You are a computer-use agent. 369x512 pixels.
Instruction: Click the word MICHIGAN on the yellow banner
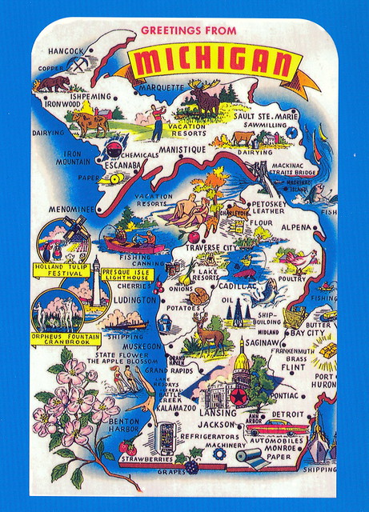pyautogui.click(x=211, y=62)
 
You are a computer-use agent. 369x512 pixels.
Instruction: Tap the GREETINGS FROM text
pyautogui.click(x=189, y=30)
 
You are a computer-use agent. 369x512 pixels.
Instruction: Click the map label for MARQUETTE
pyautogui.click(x=162, y=86)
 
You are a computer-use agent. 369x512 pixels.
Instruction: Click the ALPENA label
pyautogui.click(x=295, y=227)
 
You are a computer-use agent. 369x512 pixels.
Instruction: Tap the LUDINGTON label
pyautogui.click(x=135, y=300)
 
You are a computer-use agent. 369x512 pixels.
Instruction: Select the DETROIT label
pyautogui.click(x=288, y=414)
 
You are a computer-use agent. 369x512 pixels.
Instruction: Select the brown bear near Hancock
pyautogui.click(x=52, y=82)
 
